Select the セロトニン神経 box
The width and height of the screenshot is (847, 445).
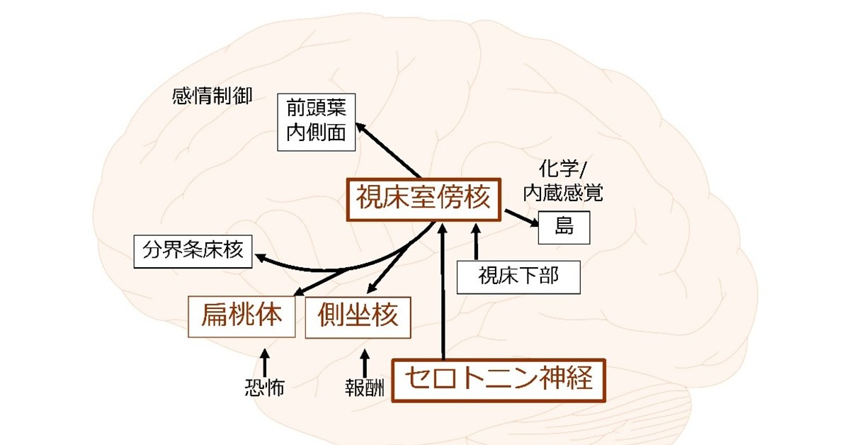coord(499,381)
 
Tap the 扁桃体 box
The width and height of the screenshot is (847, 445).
coord(241,316)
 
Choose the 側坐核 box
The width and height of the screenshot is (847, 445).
coord(358,316)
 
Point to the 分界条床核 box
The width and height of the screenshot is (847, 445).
coord(193,252)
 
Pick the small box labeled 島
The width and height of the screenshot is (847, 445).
coord(564,227)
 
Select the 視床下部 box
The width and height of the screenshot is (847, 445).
coord(518,276)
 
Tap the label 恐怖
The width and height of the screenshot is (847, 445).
coord(264,388)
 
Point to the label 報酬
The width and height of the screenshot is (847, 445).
coord(364,388)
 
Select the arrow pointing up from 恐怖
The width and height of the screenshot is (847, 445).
coord(265,361)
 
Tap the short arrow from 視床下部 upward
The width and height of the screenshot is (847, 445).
coord(476,241)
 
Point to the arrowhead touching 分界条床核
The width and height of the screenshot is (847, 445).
coord(262,259)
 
